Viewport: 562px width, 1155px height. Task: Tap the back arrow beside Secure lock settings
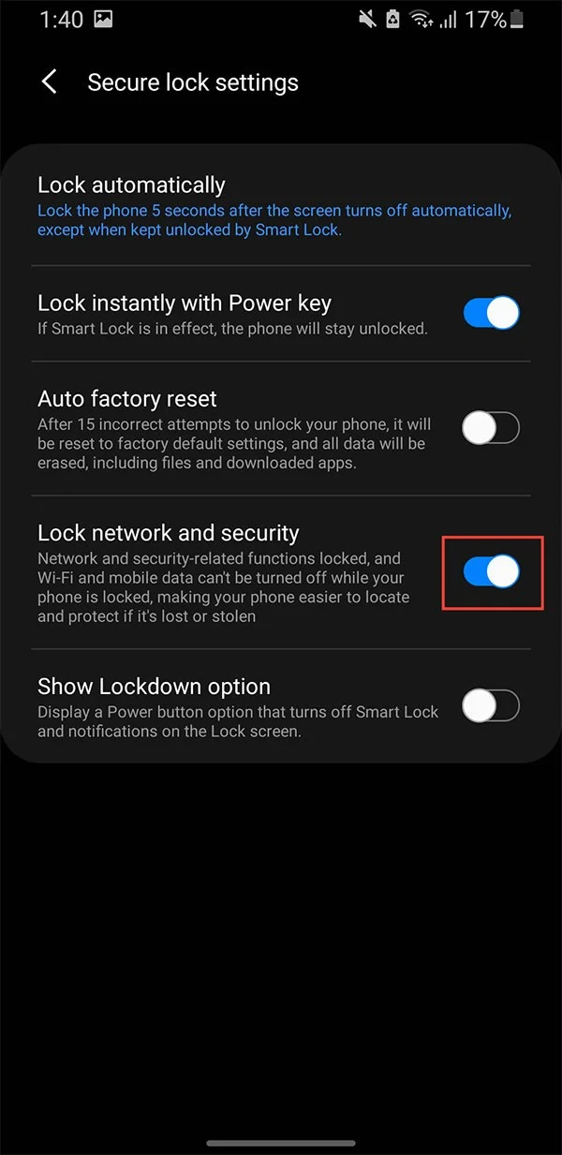tap(50, 82)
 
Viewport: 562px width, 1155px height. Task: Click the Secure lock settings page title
tap(193, 82)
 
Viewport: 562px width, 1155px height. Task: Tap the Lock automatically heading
tap(131, 185)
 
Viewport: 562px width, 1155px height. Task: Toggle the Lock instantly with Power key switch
tap(492, 313)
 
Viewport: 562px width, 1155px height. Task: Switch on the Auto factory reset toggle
tap(492, 429)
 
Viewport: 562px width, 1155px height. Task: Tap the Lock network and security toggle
tap(492, 571)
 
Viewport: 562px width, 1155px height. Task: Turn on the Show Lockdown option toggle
tap(492, 706)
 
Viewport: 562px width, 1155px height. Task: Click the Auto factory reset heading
tap(127, 399)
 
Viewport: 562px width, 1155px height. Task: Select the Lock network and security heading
tap(169, 533)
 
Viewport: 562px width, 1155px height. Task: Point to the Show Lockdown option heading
tap(154, 686)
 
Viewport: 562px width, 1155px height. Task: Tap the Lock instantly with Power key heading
tap(185, 304)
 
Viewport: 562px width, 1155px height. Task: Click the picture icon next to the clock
tap(103, 20)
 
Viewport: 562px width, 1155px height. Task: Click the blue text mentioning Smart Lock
tap(274, 220)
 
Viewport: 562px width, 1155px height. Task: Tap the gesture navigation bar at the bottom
tap(281, 1143)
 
